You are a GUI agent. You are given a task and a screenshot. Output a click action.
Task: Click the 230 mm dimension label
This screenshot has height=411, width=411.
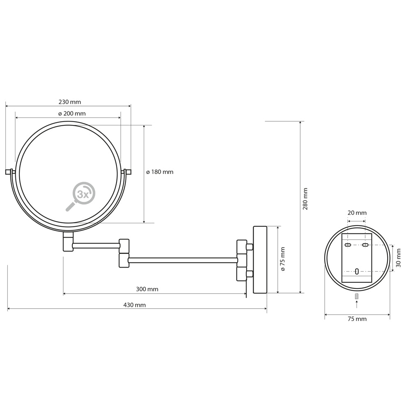70,102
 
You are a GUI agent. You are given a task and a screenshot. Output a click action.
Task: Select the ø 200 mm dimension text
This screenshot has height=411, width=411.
72,113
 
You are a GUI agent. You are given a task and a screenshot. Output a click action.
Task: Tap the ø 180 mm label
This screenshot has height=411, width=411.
159,172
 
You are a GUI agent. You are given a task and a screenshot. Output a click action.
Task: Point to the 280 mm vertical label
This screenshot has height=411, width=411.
305,199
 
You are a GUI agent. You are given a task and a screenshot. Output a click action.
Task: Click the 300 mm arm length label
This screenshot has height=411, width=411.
147,289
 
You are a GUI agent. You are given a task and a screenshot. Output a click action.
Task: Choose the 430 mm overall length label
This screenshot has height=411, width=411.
134,305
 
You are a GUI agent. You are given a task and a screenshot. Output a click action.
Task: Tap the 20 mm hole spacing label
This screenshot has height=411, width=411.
357,212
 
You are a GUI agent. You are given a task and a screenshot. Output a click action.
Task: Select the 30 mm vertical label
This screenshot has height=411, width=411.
398,258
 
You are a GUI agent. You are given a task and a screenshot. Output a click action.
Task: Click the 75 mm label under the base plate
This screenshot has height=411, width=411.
357,319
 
